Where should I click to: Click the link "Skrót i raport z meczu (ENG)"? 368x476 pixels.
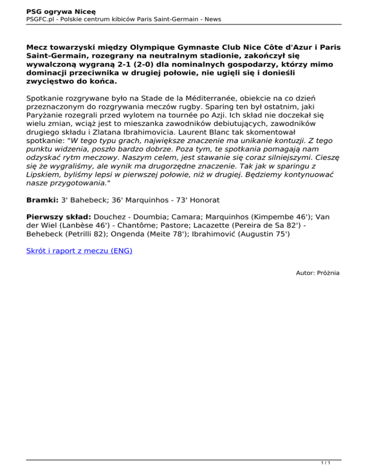pos(80,250)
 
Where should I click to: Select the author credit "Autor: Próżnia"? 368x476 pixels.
pos(317,272)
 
